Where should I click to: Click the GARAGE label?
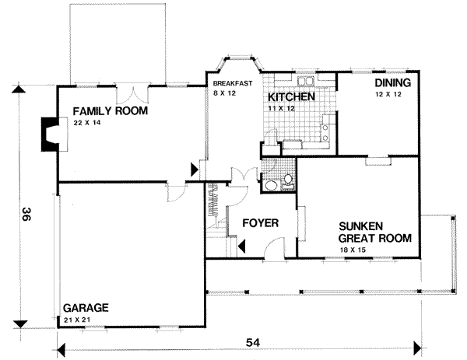85,307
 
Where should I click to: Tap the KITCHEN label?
291,97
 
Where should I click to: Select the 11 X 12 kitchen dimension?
279,109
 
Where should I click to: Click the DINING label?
392,82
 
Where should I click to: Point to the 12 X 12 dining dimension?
386,93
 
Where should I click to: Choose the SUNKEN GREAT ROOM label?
374,232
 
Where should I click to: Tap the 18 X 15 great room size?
354,250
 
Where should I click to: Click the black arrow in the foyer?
242,247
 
